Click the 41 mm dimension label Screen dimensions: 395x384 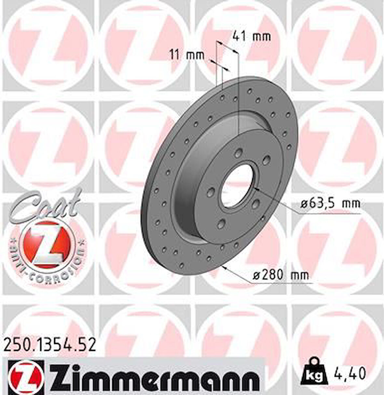pyautogui.click(x=251, y=36)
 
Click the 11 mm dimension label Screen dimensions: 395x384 pyautogui.click(x=186, y=55)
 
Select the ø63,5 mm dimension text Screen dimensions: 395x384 pyautogui.click(x=330, y=204)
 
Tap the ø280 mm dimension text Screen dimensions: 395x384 pyautogui.click(x=281, y=275)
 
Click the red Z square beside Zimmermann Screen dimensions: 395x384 pyautogui.click(x=23, y=377)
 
